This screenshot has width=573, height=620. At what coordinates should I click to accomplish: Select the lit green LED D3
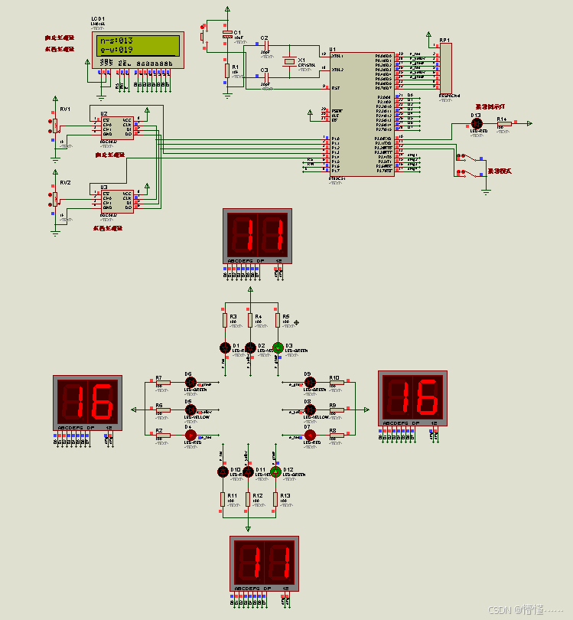(277, 347)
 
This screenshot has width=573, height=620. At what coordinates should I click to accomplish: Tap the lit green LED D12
(276, 472)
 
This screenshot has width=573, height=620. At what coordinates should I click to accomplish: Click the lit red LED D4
(190, 436)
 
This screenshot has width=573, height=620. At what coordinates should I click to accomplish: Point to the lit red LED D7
(310, 436)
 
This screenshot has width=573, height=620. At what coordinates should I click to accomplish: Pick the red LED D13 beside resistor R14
(476, 122)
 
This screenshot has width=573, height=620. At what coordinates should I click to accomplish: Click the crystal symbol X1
(289, 62)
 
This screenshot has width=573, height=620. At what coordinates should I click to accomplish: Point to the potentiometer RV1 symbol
(55, 125)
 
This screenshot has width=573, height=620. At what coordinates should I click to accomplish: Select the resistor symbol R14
(502, 122)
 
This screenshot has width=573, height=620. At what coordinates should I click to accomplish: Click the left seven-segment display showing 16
(87, 398)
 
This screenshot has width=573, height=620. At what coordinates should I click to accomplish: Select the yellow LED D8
(310, 410)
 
